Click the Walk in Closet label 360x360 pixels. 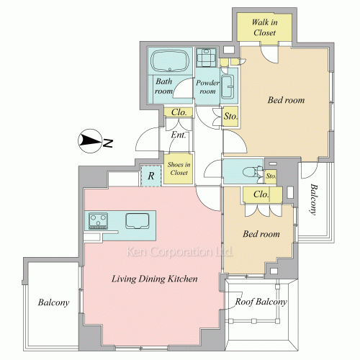pyautogui.click(x=264, y=27)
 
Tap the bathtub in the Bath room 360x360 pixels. pyautogui.click(x=170, y=60)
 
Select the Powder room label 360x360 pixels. pyautogui.click(x=207, y=87)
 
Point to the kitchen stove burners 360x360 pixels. pyautogui.click(x=98, y=220)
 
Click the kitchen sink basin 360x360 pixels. pyautogui.click(x=138, y=220)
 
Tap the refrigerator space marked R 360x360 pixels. pyautogui.click(x=150, y=176)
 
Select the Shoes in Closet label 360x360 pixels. pyautogui.click(x=179, y=168)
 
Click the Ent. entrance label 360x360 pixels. pyautogui.click(x=179, y=135)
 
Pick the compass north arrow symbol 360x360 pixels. pyautogui.click(x=90, y=141)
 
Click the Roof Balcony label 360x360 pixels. pyautogui.click(x=261, y=302)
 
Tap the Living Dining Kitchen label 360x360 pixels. pyautogui.click(x=155, y=279)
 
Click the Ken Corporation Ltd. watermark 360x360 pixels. pyautogui.click(x=179, y=251)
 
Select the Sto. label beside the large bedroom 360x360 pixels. pyautogui.click(x=230, y=116)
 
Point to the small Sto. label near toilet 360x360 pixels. pyautogui.click(x=271, y=176)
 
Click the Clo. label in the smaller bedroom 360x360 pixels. pyautogui.click(x=261, y=194)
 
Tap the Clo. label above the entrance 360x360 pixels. pyautogui.click(x=179, y=112)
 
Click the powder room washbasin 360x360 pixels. pyautogui.click(x=228, y=87)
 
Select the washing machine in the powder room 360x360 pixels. pyautogui.click(x=206, y=58)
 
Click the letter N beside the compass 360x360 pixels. pyautogui.click(x=108, y=143)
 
